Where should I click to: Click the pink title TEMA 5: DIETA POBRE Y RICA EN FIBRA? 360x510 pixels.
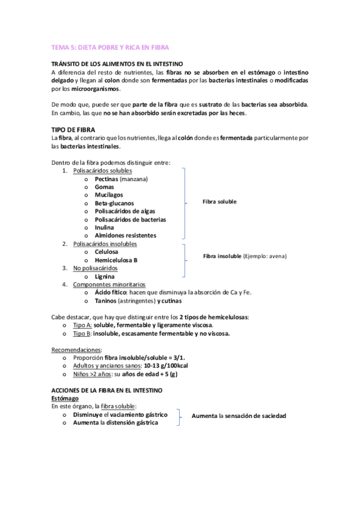point(110,47)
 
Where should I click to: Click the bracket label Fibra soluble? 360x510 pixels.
point(219,201)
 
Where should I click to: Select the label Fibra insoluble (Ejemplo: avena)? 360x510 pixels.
point(245,256)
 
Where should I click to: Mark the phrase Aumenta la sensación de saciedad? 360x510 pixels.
point(239,416)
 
